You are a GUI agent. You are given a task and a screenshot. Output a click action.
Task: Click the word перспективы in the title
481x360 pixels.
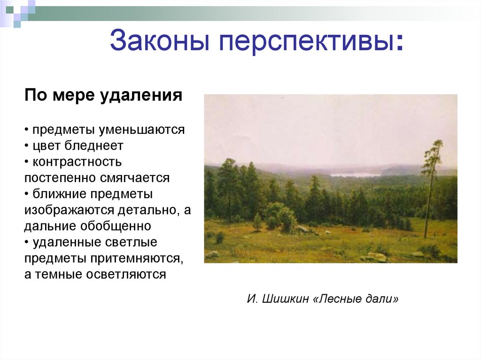point(306,41)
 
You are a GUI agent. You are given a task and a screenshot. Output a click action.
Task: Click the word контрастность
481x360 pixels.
point(77,162)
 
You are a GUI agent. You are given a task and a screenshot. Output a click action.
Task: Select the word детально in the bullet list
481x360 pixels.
point(145,210)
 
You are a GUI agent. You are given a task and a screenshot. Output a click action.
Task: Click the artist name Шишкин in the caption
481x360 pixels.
point(285,299)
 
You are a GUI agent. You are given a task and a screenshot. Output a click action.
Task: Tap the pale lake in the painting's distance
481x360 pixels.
point(355,175)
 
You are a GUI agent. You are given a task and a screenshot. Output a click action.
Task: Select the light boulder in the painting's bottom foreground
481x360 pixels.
point(375,257)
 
